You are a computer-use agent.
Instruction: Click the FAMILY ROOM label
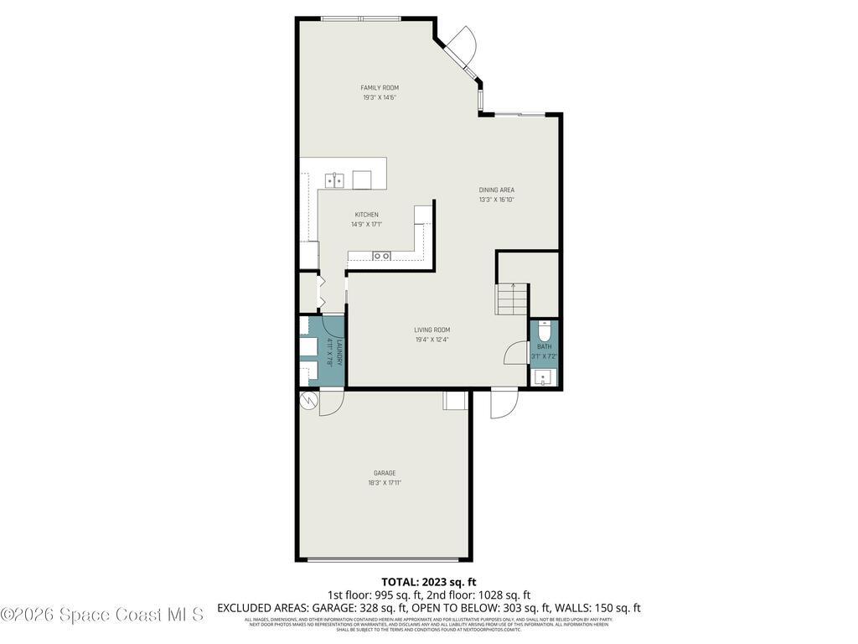click(379, 88)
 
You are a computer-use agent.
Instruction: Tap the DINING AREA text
click(496, 190)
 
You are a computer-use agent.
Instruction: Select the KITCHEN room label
click(366, 215)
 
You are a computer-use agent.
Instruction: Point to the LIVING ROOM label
click(432, 330)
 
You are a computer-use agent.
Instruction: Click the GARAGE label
click(385, 473)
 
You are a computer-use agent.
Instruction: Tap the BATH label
click(544, 346)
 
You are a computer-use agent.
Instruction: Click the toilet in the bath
click(545, 329)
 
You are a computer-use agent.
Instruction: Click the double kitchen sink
click(336, 179)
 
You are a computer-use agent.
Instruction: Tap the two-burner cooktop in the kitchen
click(381, 256)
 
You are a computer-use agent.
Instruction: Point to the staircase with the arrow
click(512, 299)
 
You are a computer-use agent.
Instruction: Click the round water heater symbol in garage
click(309, 401)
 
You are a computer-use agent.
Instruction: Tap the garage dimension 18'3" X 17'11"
click(385, 483)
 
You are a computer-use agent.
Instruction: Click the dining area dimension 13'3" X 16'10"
click(496, 200)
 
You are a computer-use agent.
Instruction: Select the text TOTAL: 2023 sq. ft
click(428, 581)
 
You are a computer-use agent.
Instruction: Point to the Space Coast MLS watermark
click(102, 615)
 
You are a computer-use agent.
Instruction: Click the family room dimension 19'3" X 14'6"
click(379, 98)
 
